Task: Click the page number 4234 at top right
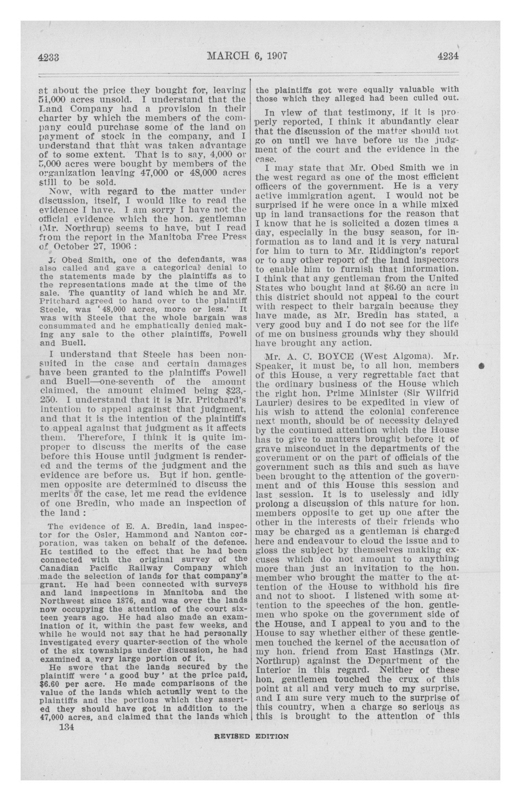[x=448, y=56]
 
